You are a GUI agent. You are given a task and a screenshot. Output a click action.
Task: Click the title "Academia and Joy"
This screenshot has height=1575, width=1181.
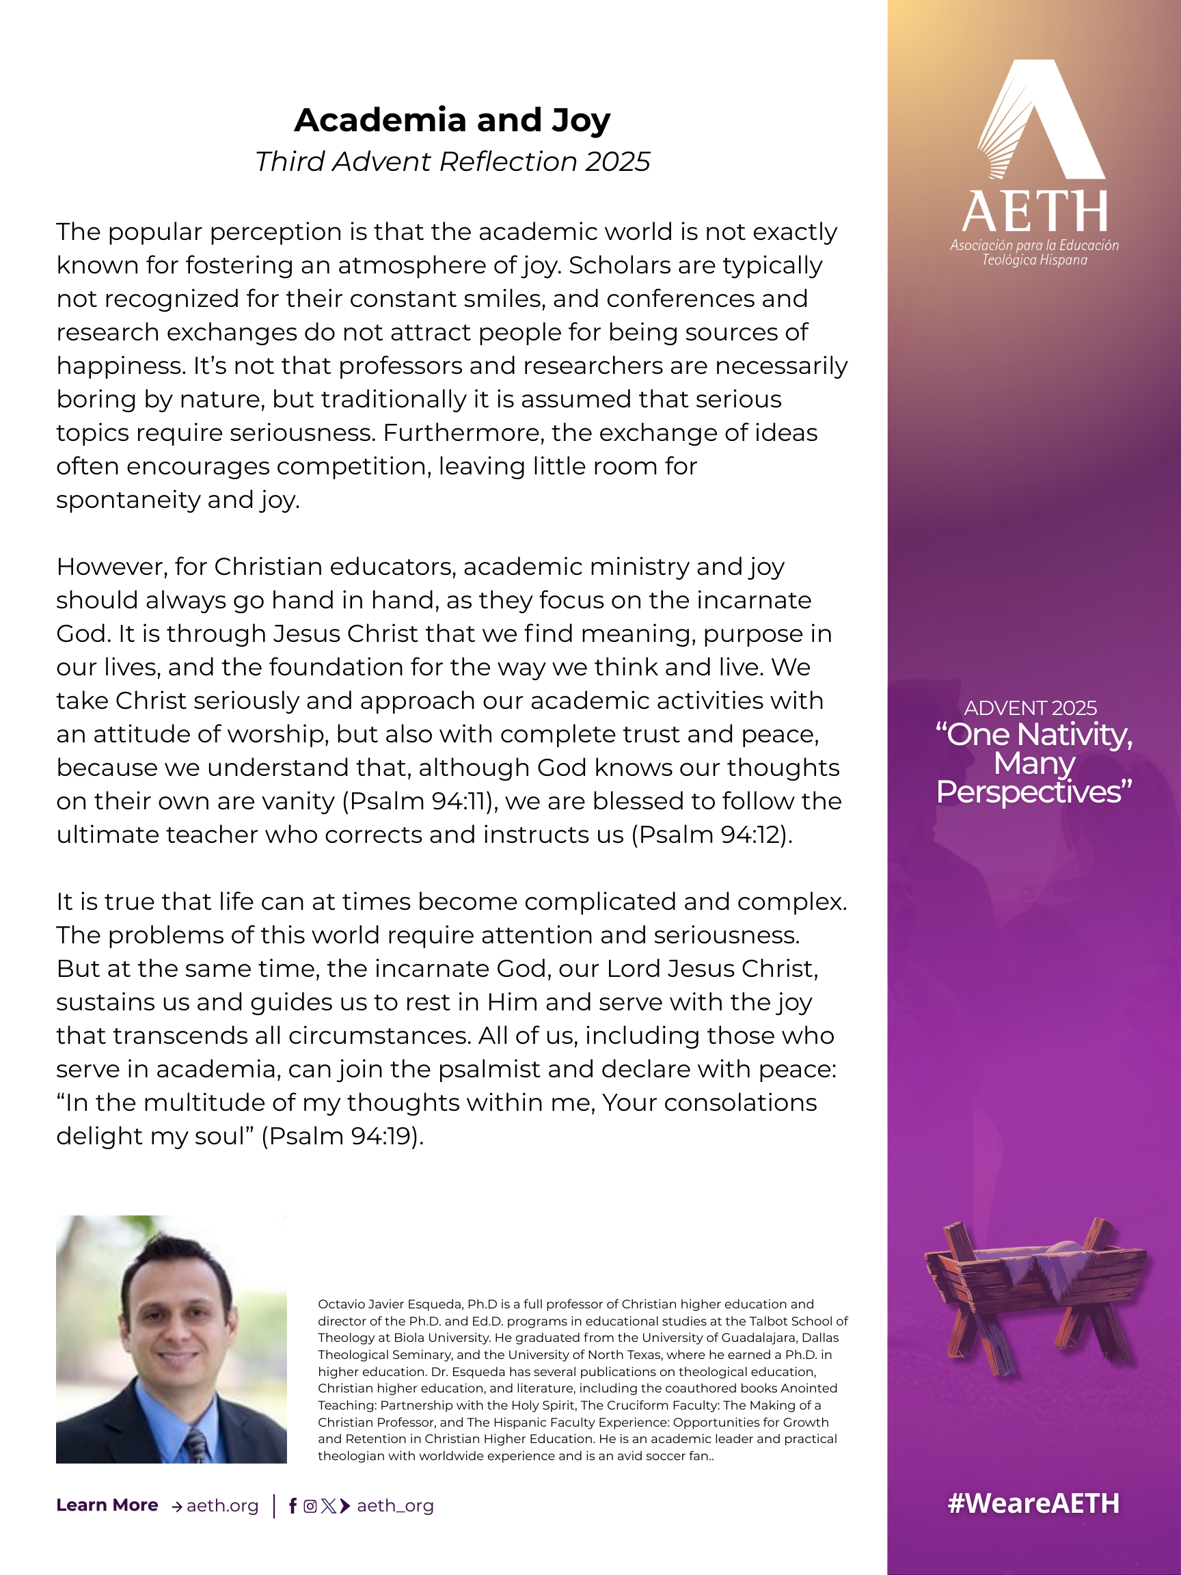pyautogui.click(x=452, y=120)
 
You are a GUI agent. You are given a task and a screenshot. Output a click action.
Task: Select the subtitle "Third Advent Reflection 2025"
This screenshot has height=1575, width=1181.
pyautogui.click(x=452, y=161)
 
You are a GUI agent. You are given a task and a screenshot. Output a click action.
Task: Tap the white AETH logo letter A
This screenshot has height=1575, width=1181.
pyautogui.click(x=1043, y=121)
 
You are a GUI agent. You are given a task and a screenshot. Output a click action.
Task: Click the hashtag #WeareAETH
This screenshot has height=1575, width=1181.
pyautogui.click(x=1033, y=1503)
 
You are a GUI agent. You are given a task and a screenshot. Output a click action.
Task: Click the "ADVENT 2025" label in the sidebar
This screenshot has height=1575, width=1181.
pyautogui.click(x=1030, y=708)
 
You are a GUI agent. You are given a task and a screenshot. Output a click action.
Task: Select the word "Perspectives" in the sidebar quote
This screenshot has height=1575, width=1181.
pyautogui.click(x=1033, y=792)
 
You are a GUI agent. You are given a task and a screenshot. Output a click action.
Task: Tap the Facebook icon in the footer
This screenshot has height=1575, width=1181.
pyautogui.click(x=293, y=1506)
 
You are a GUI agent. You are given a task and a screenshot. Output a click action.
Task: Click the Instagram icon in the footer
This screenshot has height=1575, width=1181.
pyautogui.click(x=310, y=1506)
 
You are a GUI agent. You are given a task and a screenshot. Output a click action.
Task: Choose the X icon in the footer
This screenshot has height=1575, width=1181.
pyautogui.click(x=327, y=1506)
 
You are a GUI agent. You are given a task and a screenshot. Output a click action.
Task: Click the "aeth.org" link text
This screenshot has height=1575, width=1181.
pyautogui.click(x=222, y=1506)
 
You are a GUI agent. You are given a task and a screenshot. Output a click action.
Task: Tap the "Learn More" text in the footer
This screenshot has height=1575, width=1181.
pyautogui.click(x=107, y=1505)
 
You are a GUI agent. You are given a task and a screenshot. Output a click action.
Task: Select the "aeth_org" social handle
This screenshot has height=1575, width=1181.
pyautogui.click(x=395, y=1506)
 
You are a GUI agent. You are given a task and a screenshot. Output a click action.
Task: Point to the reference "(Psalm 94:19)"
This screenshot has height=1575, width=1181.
pyautogui.click(x=342, y=1135)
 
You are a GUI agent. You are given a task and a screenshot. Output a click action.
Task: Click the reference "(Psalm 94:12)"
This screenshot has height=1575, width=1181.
pyautogui.click(x=712, y=835)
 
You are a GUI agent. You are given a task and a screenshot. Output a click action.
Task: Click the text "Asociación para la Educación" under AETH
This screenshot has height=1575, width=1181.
pyautogui.click(x=1034, y=245)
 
